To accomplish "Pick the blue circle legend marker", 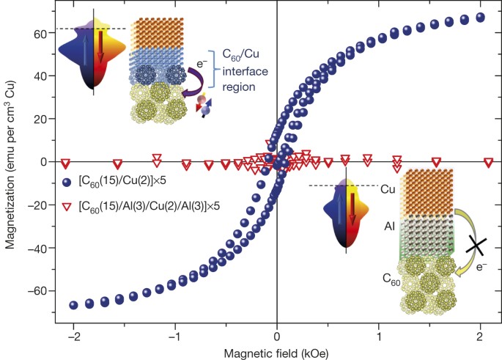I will click(67, 183).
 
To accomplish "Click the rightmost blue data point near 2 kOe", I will click(481, 17).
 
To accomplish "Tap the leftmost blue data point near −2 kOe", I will click(74, 304).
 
